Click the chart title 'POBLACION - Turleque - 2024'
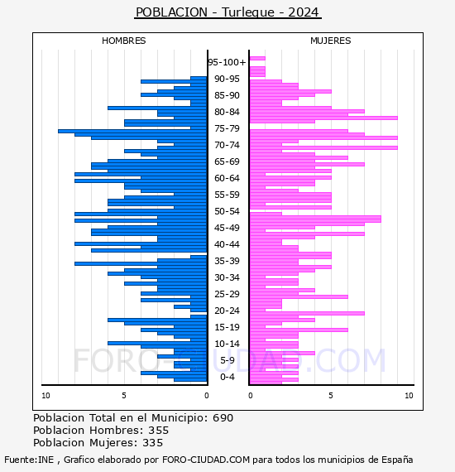[227, 12]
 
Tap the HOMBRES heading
[123, 41]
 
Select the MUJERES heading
[331, 41]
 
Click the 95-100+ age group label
[227, 62]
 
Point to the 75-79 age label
[227, 128]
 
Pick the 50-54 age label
[227, 211]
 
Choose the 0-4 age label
[227, 377]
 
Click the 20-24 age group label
[227, 311]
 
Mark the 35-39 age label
[227, 261]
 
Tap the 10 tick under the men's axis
[45, 396]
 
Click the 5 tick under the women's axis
[331, 396]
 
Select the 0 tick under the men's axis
[206, 396]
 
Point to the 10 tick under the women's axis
[409, 396]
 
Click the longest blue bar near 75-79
[132, 131]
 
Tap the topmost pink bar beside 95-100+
[257, 59]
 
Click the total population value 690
[223, 418]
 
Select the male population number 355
[159, 431]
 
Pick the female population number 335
[152, 443]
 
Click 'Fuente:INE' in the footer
[29, 460]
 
